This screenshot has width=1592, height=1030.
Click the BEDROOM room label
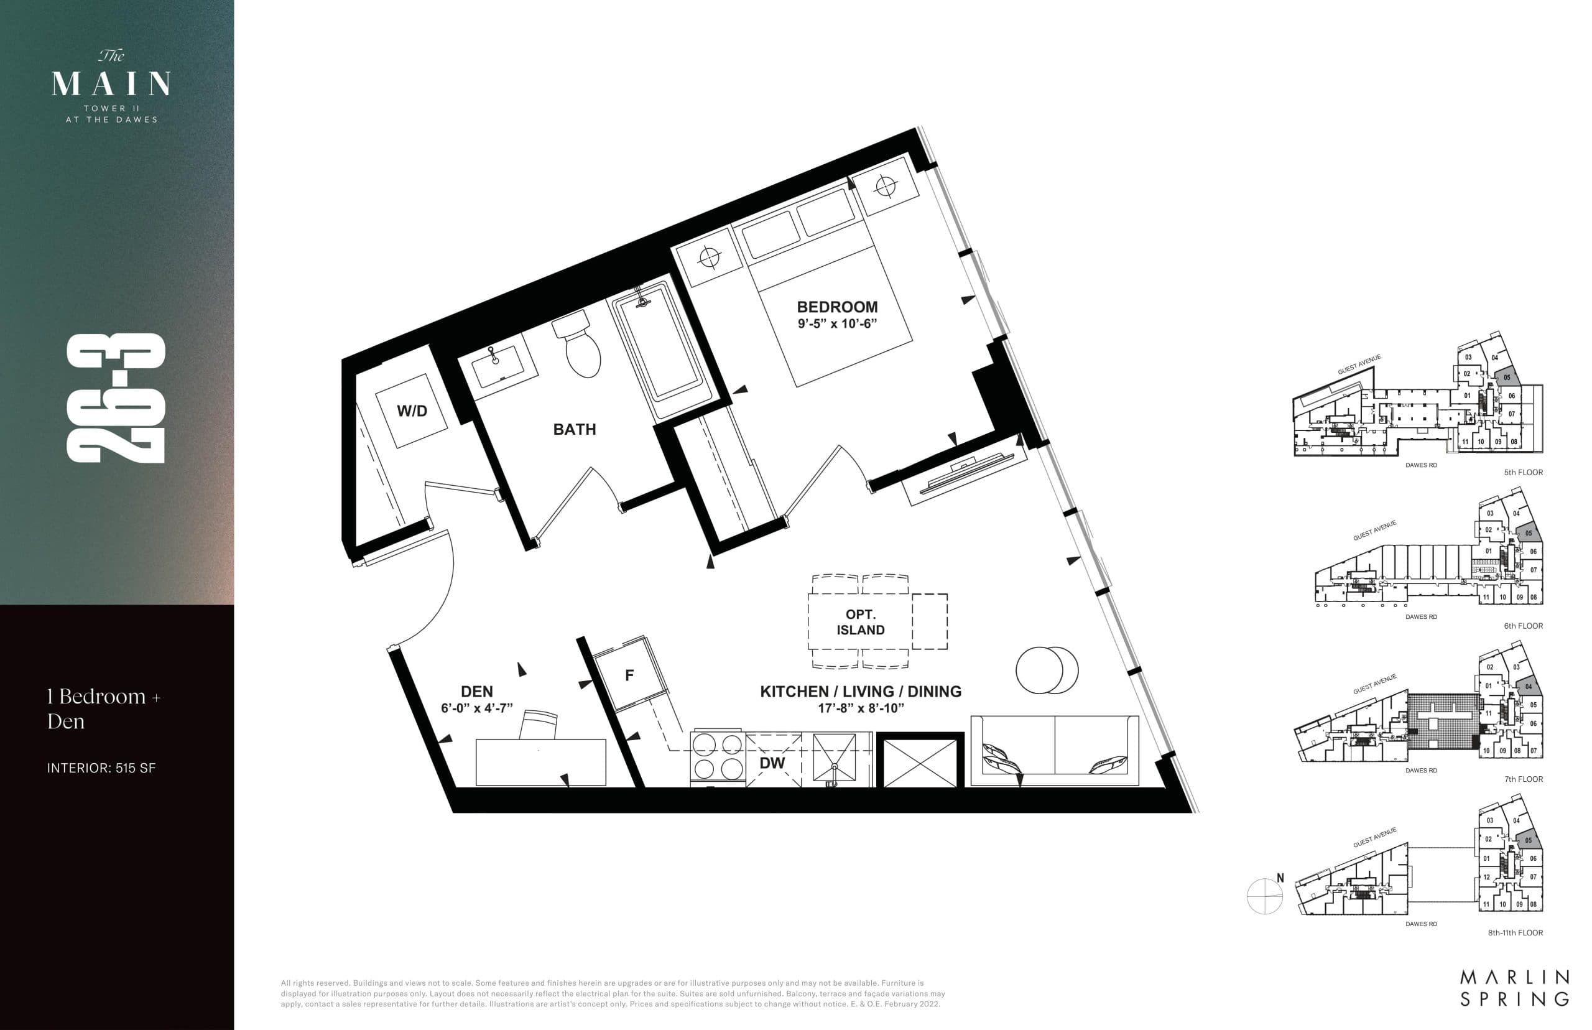click(x=836, y=307)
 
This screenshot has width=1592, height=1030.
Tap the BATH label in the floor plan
click(x=575, y=429)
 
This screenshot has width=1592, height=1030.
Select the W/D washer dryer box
click(x=412, y=411)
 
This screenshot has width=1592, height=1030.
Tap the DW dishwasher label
click(x=772, y=763)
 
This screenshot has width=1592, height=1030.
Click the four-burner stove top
click(x=717, y=756)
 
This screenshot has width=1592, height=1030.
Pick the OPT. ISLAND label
click(x=861, y=622)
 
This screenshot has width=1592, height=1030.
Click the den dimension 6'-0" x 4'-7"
click(x=477, y=708)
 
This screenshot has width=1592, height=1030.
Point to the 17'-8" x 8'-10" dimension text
click(x=861, y=708)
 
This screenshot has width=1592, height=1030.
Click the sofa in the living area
click(x=1055, y=749)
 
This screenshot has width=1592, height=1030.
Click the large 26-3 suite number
click(x=116, y=398)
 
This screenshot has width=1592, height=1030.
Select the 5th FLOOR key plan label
click(x=1523, y=472)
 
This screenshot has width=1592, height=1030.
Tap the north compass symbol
click(x=1265, y=895)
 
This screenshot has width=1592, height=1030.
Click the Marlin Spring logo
click(x=1514, y=987)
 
